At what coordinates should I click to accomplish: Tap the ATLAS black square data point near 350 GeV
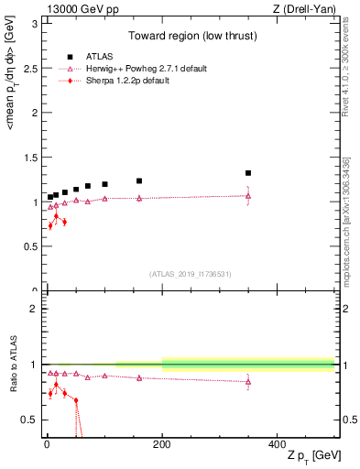248,173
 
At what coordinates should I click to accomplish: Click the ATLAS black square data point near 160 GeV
139,181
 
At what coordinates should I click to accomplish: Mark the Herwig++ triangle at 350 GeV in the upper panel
248,196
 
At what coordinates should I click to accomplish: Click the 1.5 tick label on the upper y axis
33,158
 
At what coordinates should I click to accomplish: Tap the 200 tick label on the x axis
162,443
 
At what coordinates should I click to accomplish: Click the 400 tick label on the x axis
277,443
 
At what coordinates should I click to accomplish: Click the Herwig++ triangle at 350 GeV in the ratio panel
248,382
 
